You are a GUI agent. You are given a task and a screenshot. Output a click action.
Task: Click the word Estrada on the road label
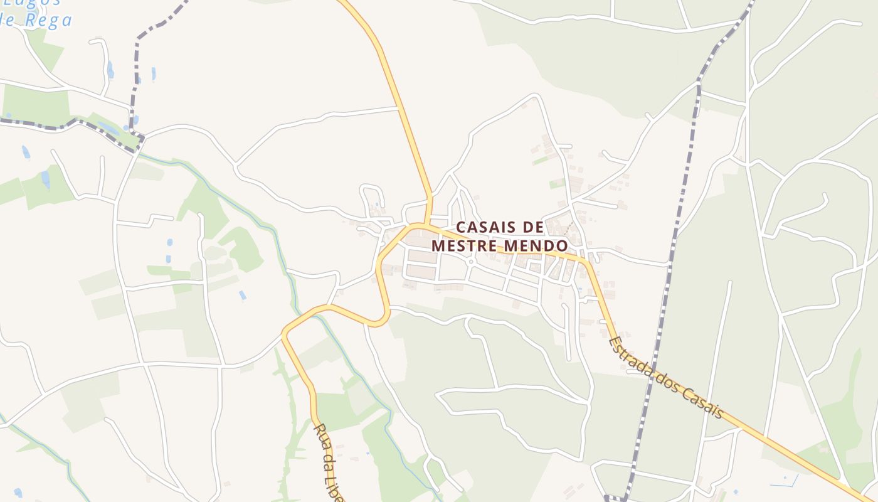[630, 360]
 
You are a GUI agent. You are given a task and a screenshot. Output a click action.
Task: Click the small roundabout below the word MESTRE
[470, 261]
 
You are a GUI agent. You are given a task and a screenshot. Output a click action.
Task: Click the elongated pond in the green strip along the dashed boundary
[108, 129]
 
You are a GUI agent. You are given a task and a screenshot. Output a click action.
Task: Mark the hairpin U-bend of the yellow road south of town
[383, 320]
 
